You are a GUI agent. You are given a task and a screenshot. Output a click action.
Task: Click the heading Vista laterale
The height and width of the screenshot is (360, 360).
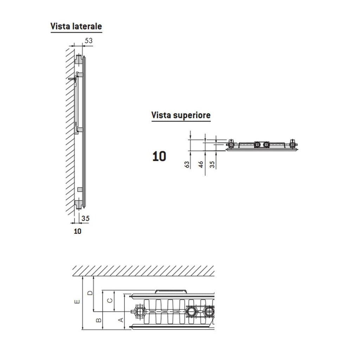coord(76,26)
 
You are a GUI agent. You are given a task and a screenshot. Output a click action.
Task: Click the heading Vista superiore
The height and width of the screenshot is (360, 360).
coord(181,115)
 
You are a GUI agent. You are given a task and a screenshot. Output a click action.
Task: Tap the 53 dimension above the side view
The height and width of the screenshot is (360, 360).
coord(89,41)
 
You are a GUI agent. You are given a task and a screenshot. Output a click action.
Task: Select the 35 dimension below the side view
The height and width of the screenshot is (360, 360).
coord(85,218)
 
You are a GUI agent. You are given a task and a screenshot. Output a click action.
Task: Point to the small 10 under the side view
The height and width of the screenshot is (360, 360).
coord(77,231)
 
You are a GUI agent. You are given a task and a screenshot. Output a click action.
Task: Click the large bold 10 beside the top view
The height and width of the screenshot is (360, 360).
coord(159,156)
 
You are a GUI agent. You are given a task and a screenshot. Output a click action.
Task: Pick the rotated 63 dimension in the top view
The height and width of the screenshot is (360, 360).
coord(187,164)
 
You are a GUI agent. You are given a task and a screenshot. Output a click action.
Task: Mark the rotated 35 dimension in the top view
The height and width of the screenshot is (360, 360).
coord(212,164)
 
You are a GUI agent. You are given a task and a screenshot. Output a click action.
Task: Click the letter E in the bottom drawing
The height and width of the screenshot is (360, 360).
coord(77,302)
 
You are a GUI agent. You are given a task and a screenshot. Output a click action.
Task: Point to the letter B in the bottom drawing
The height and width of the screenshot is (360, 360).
coord(99,320)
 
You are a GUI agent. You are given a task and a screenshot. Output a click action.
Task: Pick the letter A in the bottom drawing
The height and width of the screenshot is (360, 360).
coord(121,320)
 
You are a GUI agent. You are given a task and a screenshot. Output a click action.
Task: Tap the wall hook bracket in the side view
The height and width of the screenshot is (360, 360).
coord(73,79)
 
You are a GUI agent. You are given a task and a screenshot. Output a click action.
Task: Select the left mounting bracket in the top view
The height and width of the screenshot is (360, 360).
coord(231,144)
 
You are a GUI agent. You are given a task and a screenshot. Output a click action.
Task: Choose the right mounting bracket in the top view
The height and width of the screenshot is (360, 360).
coord(292,144)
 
